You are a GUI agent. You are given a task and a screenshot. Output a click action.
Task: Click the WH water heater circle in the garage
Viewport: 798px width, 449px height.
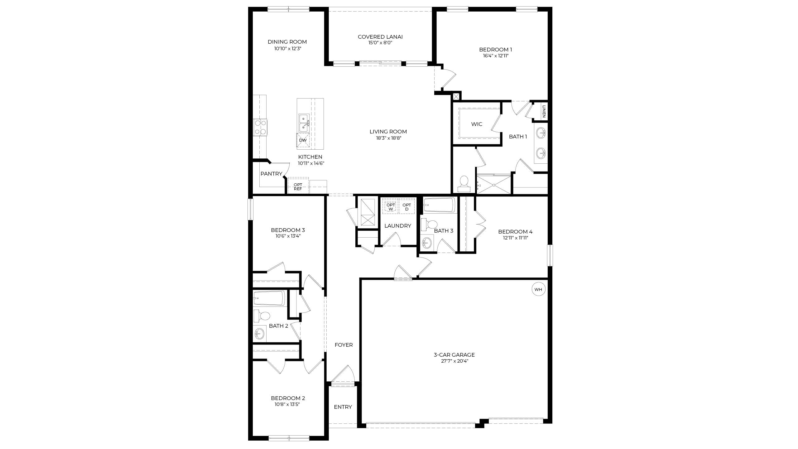[538, 289]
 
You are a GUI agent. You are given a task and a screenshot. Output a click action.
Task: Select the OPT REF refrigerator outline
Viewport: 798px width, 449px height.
[298, 186]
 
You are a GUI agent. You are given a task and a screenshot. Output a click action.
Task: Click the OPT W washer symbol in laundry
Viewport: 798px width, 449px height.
[391, 207]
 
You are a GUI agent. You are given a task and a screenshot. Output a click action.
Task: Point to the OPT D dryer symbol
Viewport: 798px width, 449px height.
[406, 207]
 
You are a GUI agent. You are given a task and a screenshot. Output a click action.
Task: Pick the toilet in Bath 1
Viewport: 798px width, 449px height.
[464, 184]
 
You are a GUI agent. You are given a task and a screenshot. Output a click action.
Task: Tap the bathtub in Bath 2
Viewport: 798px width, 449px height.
[269, 298]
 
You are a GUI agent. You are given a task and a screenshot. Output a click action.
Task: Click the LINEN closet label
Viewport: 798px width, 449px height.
[544, 111]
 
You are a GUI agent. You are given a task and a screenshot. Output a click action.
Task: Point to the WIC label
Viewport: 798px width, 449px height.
[477, 124]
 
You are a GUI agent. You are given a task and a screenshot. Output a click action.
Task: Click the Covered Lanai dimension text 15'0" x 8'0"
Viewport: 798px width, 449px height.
[380, 43]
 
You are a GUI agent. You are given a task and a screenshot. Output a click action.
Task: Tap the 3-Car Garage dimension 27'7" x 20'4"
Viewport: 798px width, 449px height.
[454, 361]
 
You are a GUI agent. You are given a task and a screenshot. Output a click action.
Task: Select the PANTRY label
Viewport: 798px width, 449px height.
[271, 174]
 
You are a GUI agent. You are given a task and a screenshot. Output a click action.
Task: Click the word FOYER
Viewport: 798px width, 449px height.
[344, 345]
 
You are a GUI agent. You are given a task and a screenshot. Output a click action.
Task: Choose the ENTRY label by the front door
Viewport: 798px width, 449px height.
[343, 407]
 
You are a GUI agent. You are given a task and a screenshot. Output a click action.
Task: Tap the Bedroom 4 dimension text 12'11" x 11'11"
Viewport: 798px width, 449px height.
[515, 238]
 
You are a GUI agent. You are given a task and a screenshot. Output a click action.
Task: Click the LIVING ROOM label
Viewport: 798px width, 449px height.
[388, 132]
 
